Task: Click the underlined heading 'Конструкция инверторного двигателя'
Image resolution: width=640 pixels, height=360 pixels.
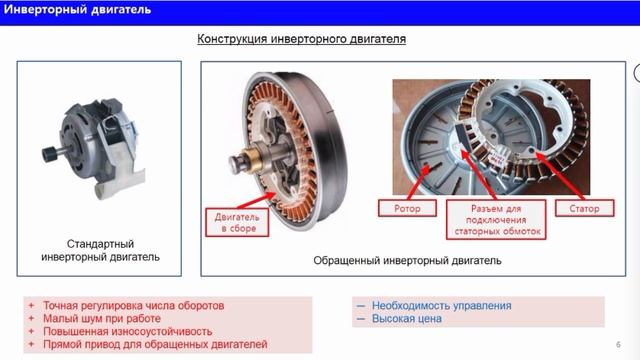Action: point(299,40)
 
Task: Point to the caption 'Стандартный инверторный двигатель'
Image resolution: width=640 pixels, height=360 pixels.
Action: point(100,251)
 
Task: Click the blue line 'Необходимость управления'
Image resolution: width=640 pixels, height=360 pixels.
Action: point(441,305)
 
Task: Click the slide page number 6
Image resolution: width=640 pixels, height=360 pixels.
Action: point(619,344)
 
